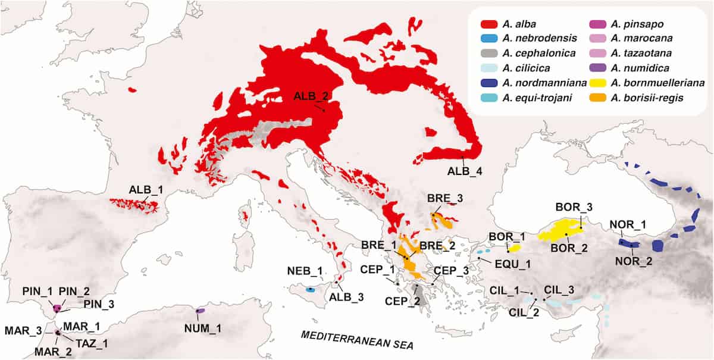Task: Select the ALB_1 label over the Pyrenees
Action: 143,190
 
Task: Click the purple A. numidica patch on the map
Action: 201,311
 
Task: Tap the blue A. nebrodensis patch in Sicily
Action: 310,289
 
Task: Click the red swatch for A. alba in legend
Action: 490,24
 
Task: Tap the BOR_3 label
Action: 574,207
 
